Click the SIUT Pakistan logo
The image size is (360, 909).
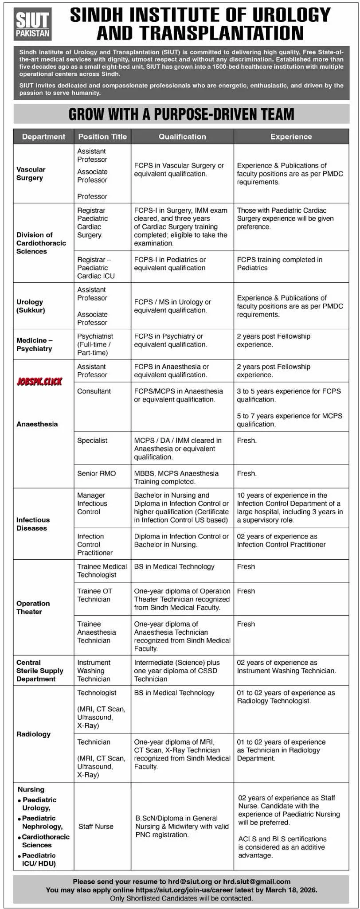(x=33, y=25)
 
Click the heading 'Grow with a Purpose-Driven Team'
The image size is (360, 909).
(x=181, y=114)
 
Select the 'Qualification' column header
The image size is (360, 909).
(x=182, y=137)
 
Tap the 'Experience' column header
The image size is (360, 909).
(x=291, y=137)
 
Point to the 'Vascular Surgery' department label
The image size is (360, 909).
(x=31, y=173)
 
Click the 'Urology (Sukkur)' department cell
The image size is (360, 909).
(x=31, y=306)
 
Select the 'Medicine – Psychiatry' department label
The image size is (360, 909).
(x=34, y=344)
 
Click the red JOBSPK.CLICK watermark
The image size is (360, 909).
(x=39, y=382)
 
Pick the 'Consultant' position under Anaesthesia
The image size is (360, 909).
(x=94, y=391)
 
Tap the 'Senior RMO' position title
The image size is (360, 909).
(x=96, y=473)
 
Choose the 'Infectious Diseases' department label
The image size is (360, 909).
(x=33, y=524)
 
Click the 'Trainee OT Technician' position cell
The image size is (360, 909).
(x=95, y=595)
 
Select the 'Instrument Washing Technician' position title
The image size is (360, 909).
(x=94, y=671)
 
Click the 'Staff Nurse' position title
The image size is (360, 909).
(x=96, y=827)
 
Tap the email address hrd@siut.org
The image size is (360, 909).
(x=188, y=882)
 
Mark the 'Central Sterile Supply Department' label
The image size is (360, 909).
(x=39, y=671)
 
